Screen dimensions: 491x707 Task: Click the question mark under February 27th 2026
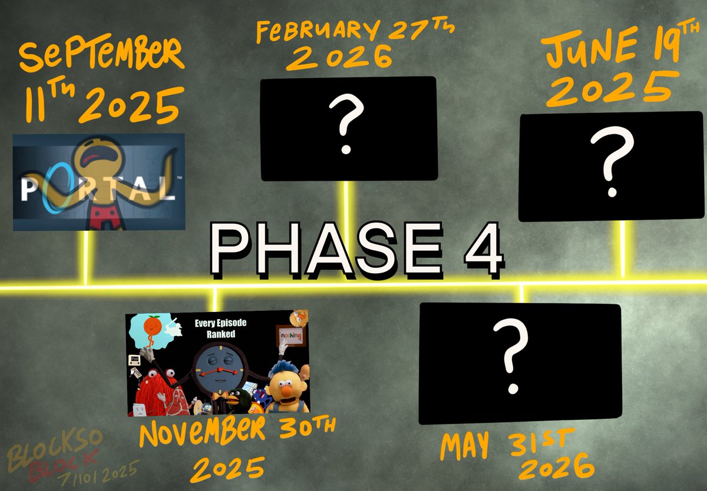tap(346, 125)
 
